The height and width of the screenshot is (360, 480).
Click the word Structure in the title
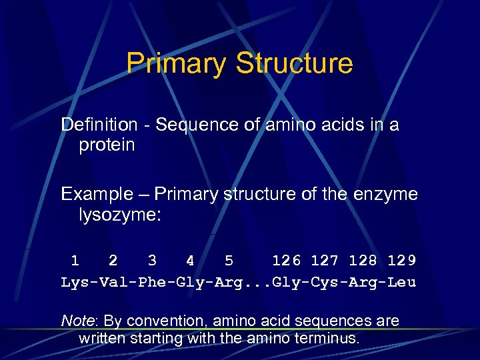point(294,63)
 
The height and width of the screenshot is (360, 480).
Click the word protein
point(107,145)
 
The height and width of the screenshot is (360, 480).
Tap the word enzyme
point(388,195)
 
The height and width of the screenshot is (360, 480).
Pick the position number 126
point(287,261)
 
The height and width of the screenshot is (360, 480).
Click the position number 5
point(229,261)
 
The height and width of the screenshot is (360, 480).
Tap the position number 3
point(153,261)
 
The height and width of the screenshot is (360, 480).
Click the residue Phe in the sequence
point(151,282)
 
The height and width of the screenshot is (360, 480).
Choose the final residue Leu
point(403,282)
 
